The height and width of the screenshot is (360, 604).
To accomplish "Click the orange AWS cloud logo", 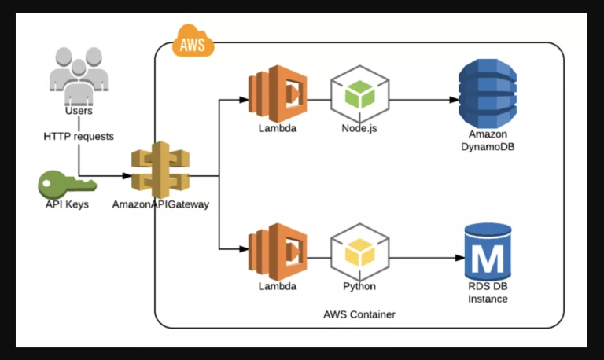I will [x=192, y=42].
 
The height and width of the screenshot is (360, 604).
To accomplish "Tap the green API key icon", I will [x=67, y=185].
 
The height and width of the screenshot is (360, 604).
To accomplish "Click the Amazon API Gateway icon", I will [x=160, y=170].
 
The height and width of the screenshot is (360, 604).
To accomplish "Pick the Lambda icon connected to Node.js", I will [x=277, y=95].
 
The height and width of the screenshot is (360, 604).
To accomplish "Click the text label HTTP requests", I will [x=79, y=137].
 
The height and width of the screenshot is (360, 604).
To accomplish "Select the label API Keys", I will [x=67, y=205].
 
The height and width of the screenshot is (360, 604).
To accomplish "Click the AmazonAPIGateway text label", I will [x=160, y=205].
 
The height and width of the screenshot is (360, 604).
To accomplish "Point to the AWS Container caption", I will [x=359, y=314].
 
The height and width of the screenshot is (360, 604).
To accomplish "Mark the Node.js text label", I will [x=359, y=129].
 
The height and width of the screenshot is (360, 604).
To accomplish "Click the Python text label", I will [x=359, y=286].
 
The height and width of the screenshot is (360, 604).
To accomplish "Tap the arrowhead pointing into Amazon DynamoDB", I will [x=455, y=101].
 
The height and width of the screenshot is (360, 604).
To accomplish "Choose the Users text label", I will [x=79, y=111].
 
